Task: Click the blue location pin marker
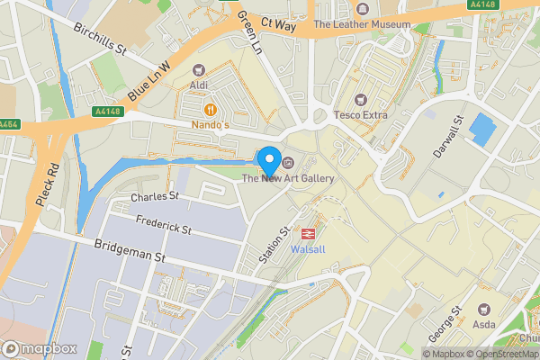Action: pos(268,160)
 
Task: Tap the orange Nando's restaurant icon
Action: pos(209,108)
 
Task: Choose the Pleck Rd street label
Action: pos(47,184)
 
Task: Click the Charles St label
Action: pos(155,195)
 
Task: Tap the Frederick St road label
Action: pos(164,224)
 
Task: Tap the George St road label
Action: pos(445,322)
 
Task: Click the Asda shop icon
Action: pos(485,310)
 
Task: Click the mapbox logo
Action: pos(40,348)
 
